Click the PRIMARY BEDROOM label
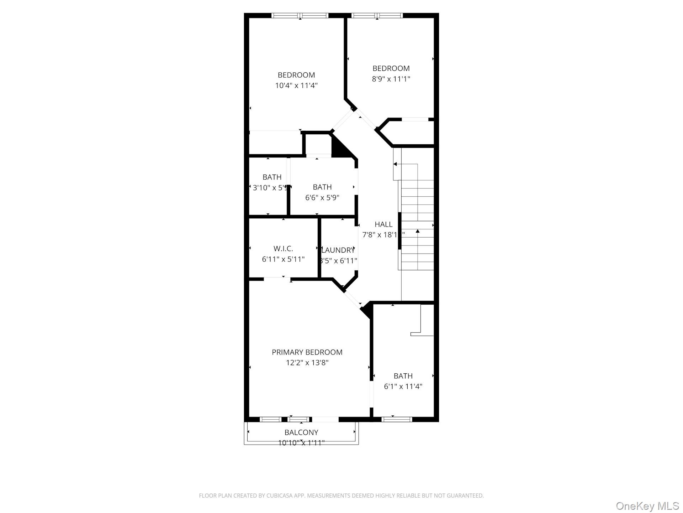tap(307, 352)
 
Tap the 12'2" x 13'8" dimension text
tap(307, 363)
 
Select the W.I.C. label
tap(283, 249)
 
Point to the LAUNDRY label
tap(338, 250)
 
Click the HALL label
tap(383, 224)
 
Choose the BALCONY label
tap(301, 432)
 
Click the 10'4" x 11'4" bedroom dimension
tap(296, 85)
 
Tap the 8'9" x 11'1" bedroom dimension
tap(391, 79)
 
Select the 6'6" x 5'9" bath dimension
tap(322, 197)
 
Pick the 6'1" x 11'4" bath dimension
tap(403, 386)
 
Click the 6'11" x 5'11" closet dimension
tap(283, 259)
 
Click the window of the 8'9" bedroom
tap(377, 15)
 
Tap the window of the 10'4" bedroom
tap(300, 15)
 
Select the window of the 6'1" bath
tap(397, 419)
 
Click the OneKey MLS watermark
tap(647, 506)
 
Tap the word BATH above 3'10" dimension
tap(272, 177)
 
